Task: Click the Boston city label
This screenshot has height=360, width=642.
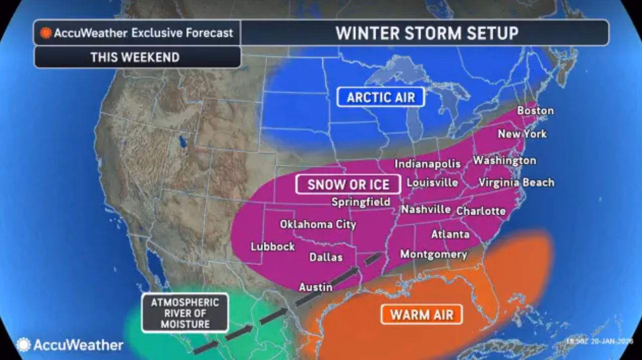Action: [x=535, y=110]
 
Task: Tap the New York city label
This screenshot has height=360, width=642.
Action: [x=522, y=134]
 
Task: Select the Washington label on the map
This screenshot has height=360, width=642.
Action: [x=505, y=160]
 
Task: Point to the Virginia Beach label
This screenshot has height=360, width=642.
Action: [x=516, y=183]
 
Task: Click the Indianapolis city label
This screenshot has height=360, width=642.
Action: [x=427, y=164]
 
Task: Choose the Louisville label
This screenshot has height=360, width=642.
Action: [x=432, y=183]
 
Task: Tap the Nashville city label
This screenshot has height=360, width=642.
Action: [x=426, y=209]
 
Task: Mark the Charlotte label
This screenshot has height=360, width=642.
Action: [x=480, y=211]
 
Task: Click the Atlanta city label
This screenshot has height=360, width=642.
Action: [x=450, y=234]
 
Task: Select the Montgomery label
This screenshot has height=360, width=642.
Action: [x=433, y=254]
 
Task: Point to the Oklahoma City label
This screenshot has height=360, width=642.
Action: [x=318, y=224]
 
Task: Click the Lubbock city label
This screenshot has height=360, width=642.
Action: [x=273, y=247]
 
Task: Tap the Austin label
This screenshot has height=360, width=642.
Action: [x=315, y=287]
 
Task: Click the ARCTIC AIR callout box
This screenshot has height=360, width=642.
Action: [x=381, y=97]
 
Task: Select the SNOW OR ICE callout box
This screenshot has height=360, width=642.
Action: [x=348, y=184]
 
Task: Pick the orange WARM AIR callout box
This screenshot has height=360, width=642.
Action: [x=421, y=315]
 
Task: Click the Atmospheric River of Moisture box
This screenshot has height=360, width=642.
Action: [x=185, y=313]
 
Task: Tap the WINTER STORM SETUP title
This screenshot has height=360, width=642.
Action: [x=426, y=33]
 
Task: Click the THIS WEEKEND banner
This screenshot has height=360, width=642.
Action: [x=135, y=57]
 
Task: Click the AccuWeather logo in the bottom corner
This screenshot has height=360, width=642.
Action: [x=70, y=345]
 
